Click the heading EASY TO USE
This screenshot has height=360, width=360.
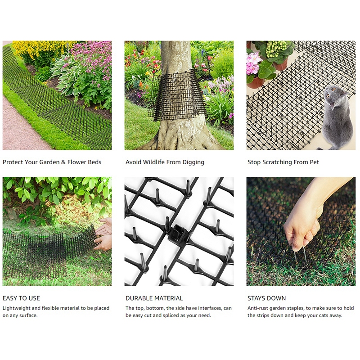click(x=21, y=298)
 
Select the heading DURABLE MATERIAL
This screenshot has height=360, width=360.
click(x=154, y=298)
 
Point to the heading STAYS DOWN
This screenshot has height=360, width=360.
click(x=266, y=298)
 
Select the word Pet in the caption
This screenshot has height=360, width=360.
click(x=314, y=162)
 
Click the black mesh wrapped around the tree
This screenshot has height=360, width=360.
click(x=177, y=95)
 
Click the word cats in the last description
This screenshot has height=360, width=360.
click(x=322, y=315)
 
